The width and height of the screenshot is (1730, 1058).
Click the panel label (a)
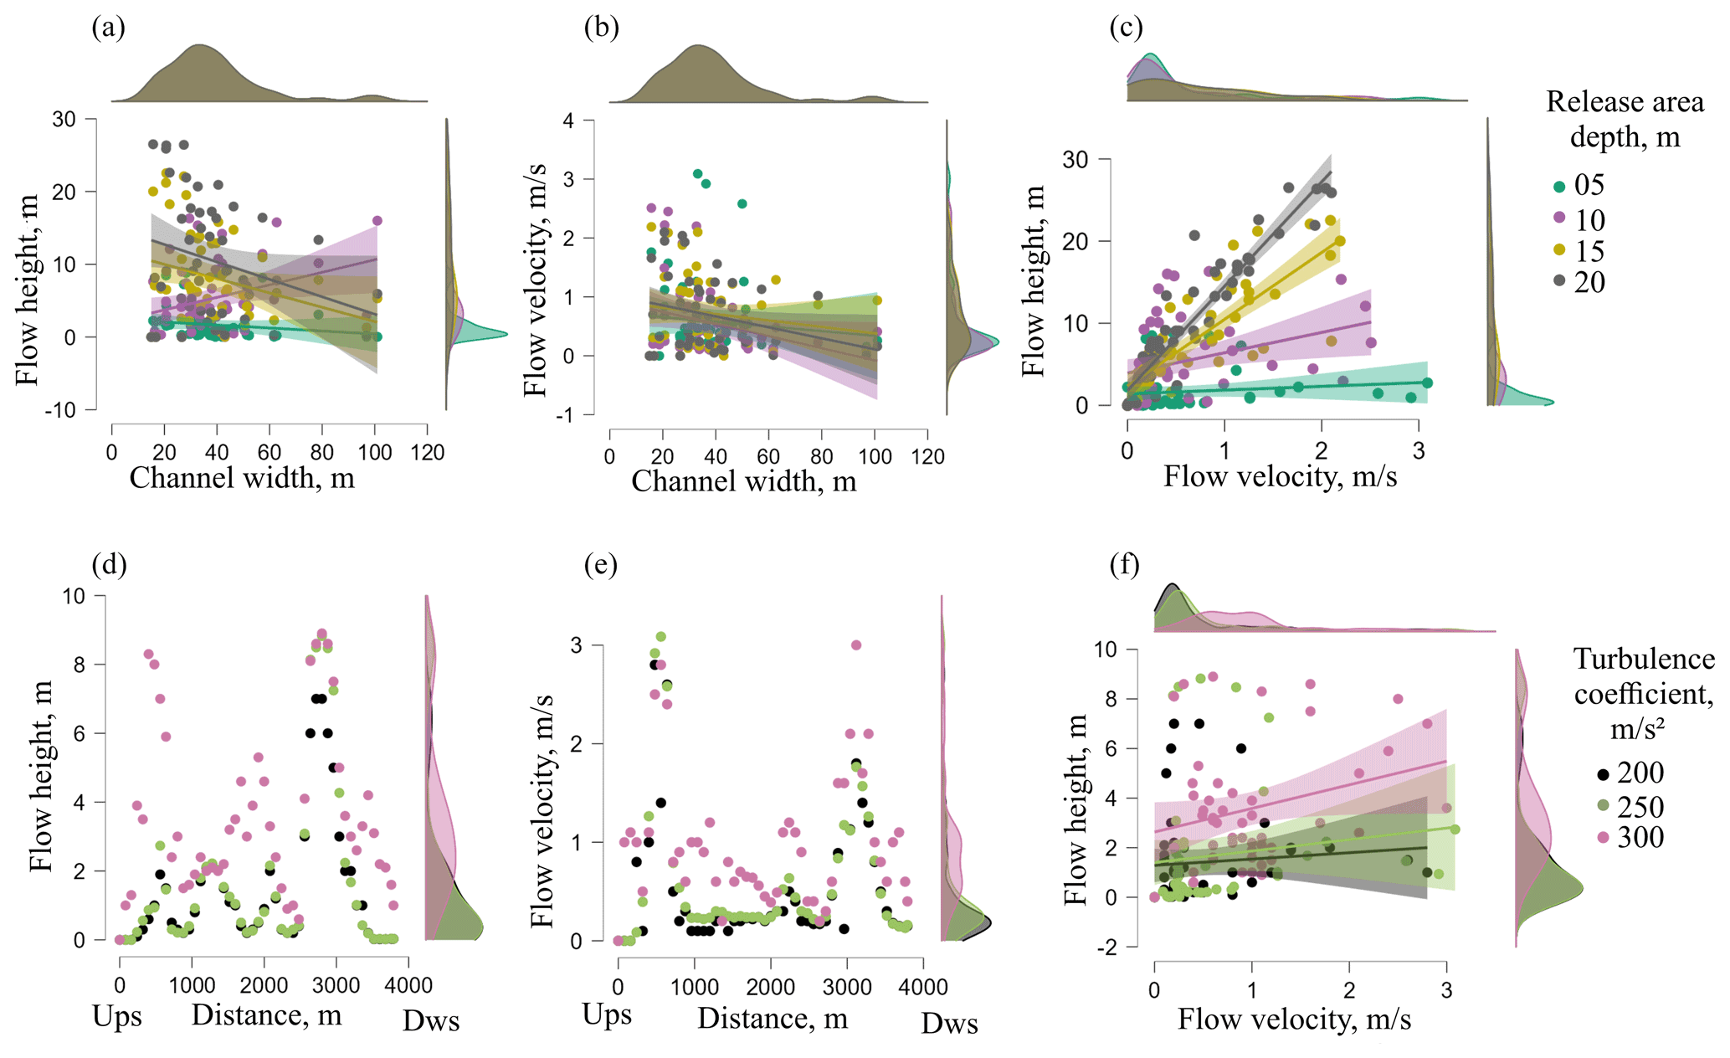pos(109,28)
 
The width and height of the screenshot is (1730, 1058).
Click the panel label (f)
pos(1124,566)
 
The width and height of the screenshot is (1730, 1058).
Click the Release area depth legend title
pos(1624,119)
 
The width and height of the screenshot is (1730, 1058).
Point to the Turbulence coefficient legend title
pos(1643,693)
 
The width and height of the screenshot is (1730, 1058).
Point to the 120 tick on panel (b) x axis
pos(927,456)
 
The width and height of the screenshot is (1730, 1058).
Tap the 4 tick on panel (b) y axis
pos(568,121)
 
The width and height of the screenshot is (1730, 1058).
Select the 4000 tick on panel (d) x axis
pos(408,985)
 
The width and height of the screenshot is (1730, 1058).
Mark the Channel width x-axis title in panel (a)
pos(242,478)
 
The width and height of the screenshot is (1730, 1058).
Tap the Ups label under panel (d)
pos(117,1016)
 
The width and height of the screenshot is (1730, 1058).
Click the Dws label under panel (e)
pos(949,1023)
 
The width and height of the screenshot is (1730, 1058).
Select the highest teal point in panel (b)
pos(697,174)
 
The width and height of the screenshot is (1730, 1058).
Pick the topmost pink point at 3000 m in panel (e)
pos(856,645)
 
